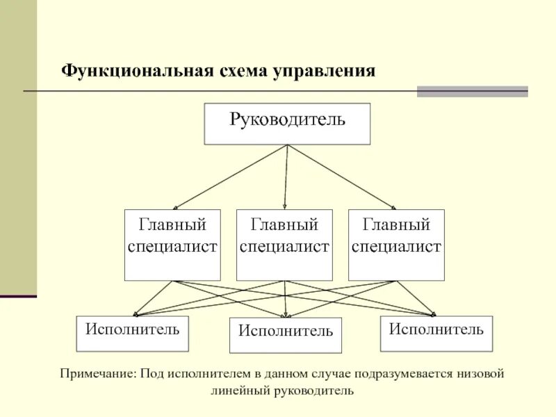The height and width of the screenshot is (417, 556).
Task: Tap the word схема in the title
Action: pyautogui.click(x=236, y=71)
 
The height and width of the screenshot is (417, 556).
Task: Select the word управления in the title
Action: pyautogui.click(x=324, y=71)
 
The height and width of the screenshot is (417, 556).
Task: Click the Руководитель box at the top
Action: pyautogui.click(x=287, y=124)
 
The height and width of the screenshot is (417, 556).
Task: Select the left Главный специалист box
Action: pyautogui.click(x=172, y=245)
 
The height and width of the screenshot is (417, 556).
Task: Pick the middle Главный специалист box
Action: pyautogui.click(x=284, y=245)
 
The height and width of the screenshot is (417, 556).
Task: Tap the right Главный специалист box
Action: pyautogui.click(x=396, y=245)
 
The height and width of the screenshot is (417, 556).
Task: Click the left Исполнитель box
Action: pyautogui.click(x=132, y=334)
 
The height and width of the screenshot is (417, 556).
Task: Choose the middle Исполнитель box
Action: pyautogui.click(x=286, y=336)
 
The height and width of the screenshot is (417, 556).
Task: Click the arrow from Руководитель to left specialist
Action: pyautogui.click(x=229, y=177)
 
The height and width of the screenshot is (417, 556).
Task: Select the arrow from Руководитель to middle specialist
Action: pyautogui.click(x=286, y=177)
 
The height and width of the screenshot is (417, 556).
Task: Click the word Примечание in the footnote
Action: pyautogui.click(x=97, y=375)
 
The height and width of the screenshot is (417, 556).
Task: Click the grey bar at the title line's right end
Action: pyautogui.click(x=473, y=91)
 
